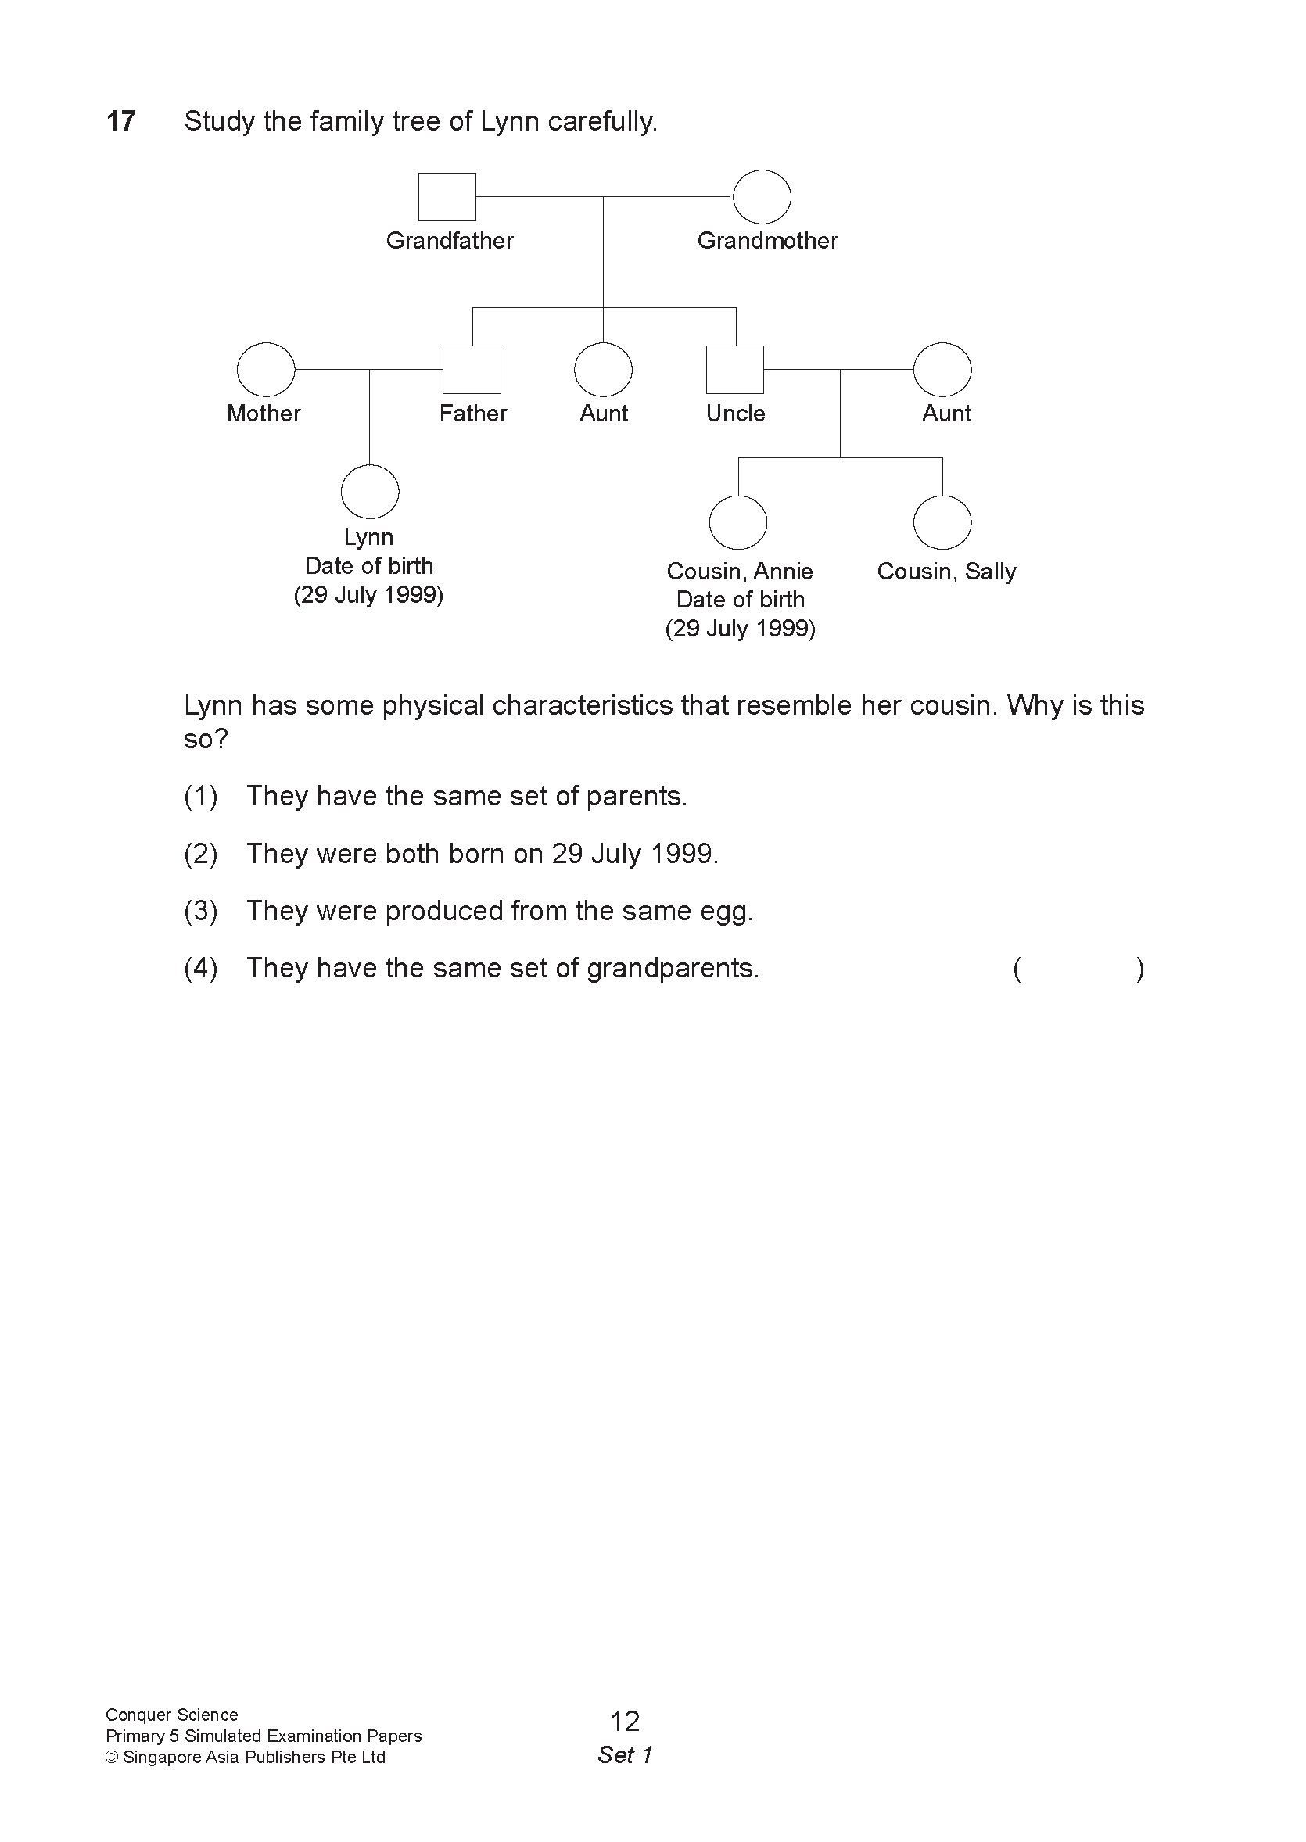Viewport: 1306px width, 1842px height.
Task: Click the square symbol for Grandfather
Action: click(x=447, y=196)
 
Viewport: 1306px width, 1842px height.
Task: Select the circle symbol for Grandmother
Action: click(x=762, y=196)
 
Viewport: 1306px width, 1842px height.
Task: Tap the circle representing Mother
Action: click(x=265, y=369)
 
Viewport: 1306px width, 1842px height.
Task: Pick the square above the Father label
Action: click(x=472, y=369)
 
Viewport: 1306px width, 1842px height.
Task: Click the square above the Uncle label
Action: click(x=734, y=369)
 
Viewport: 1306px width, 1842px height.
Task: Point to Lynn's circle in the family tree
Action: click(x=370, y=491)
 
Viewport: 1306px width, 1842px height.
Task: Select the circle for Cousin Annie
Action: click(x=737, y=522)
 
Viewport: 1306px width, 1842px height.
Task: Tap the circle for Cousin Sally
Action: click(x=942, y=522)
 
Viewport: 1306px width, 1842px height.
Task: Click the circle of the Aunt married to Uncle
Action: click(x=942, y=369)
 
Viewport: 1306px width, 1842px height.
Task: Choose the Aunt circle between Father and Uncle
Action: click(x=603, y=369)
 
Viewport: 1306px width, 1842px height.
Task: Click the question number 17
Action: click(x=120, y=121)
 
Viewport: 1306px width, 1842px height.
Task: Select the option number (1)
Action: click(x=200, y=796)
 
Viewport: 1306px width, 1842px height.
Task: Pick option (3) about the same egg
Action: click(x=499, y=911)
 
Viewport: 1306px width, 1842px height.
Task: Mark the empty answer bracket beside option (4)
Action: click(x=1078, y=969)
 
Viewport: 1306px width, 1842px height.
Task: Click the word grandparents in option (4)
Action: click(x=673, y=968)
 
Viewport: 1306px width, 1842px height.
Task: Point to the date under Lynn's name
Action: click(x=368, y=595)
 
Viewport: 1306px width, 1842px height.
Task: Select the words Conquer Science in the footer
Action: click(x=171, y=1714)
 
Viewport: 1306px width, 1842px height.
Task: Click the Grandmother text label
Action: click(x=767, y=240)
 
